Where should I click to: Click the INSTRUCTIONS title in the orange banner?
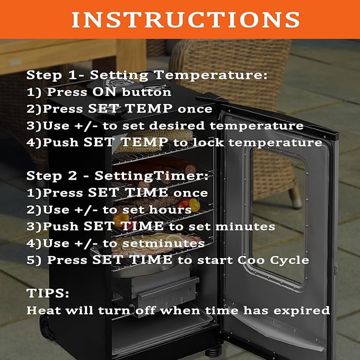click(186, 20)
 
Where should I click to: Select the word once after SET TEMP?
click(195, 109)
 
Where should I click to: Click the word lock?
click(208, 142)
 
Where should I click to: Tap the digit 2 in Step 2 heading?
click(73, 176)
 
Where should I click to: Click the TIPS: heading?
click(48, 293)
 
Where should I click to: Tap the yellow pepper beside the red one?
click(194, 205)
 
